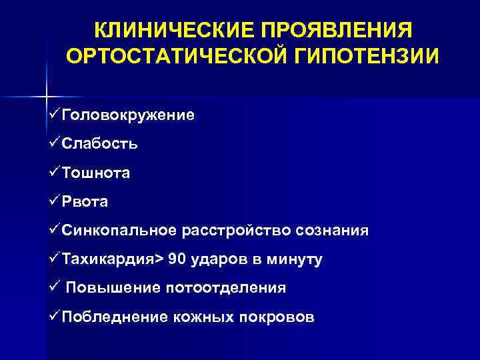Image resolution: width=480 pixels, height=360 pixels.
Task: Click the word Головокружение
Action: (x=128, y=115)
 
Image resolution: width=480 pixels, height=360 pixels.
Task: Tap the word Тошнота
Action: (x=96, y=173)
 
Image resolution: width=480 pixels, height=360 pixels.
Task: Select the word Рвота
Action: (x=85, y=202)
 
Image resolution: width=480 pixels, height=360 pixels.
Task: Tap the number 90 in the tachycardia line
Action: (x=178, y=260)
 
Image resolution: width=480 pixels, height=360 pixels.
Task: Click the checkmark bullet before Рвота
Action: (x=54, y=201)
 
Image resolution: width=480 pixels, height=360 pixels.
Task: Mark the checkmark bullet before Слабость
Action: (x=54, y=143)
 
